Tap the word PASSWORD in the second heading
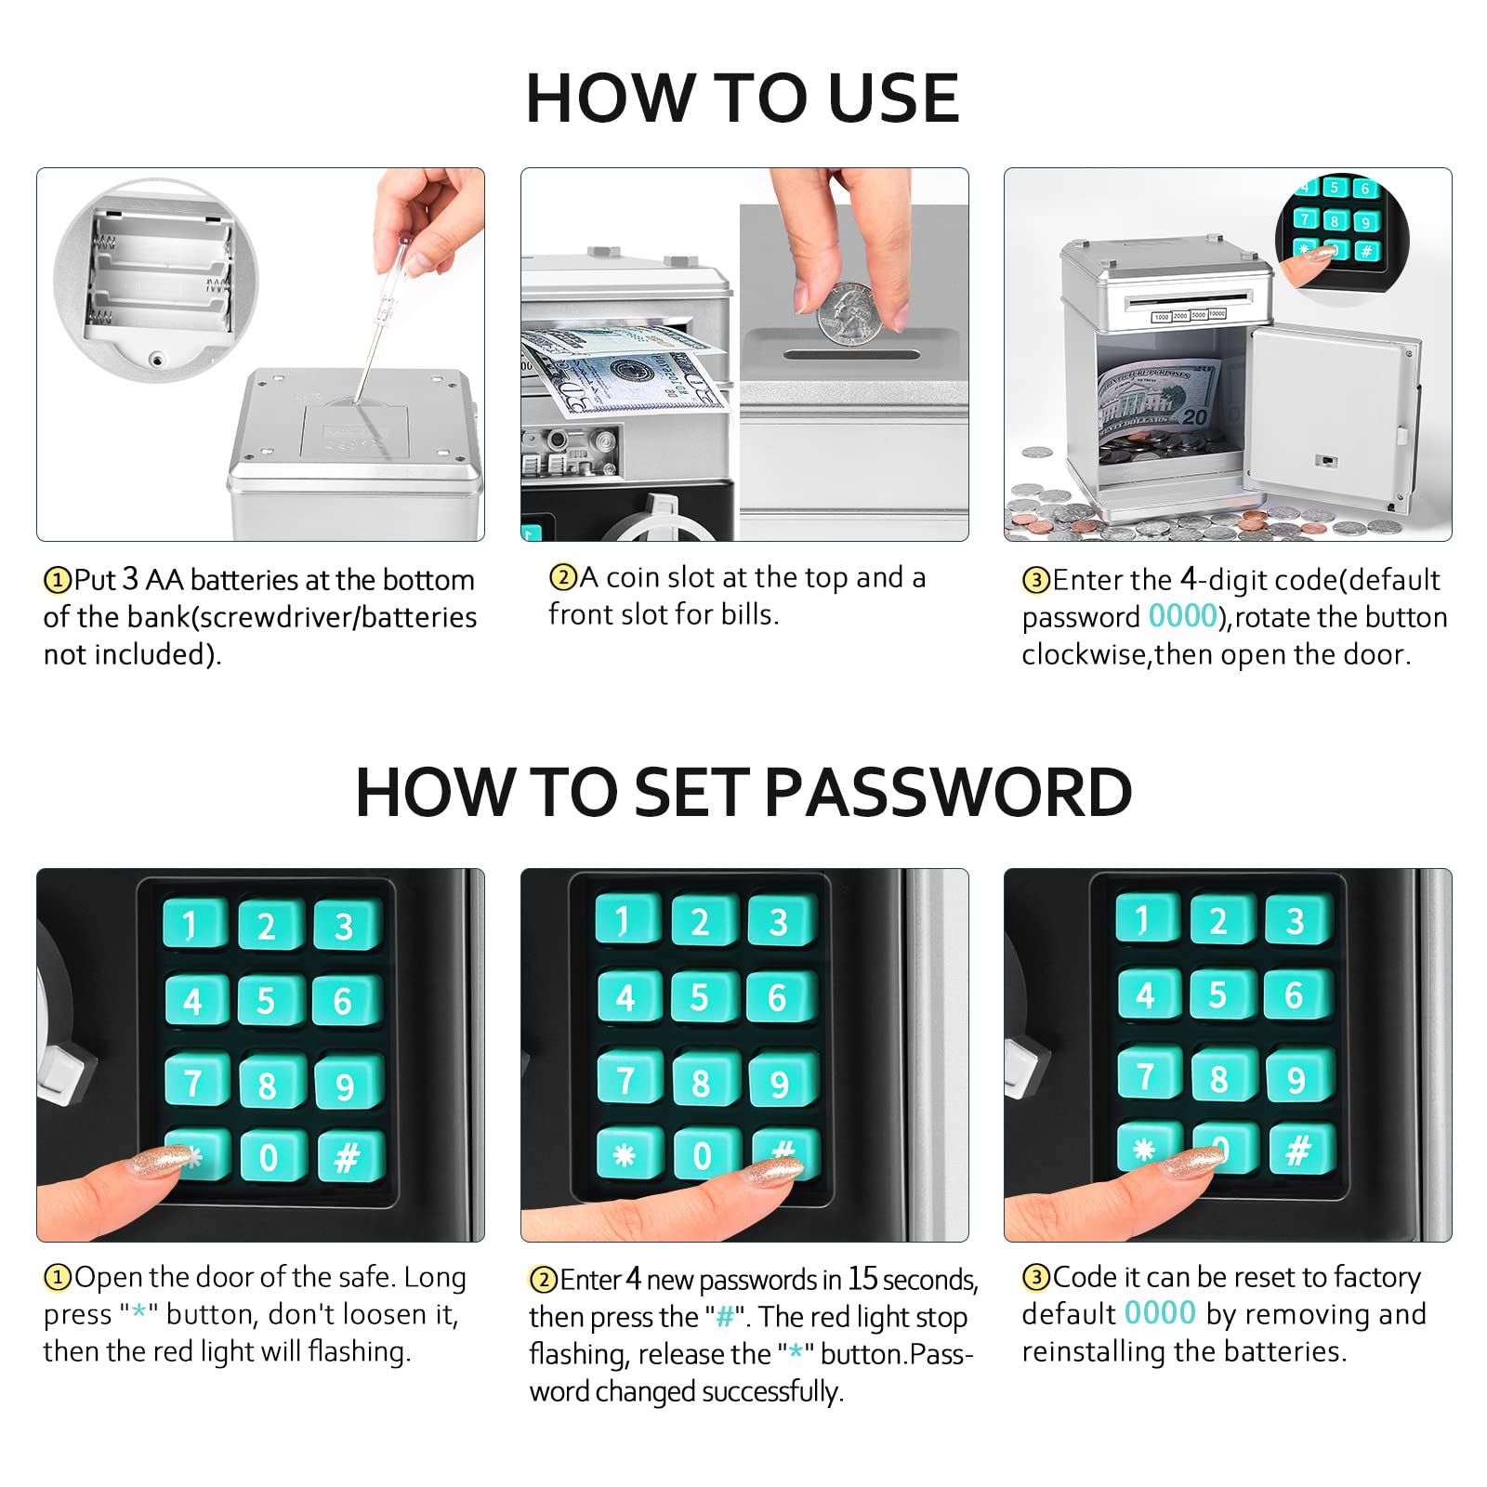[x=948, y=793]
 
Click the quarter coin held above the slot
[x=846, y=314]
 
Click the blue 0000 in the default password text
[x=1182, y=616]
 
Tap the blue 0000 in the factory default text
[x=1159, y=1313]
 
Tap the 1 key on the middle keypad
[x=626, y=921]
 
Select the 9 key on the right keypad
[x=1298, y=1078]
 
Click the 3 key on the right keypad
[x=1297, y=921]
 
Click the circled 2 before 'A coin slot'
[x=563, y=578]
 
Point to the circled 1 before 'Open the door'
[x=58, y=1279]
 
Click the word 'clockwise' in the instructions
[x=1086, y=655]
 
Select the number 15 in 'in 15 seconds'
[x=862, y=1279]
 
